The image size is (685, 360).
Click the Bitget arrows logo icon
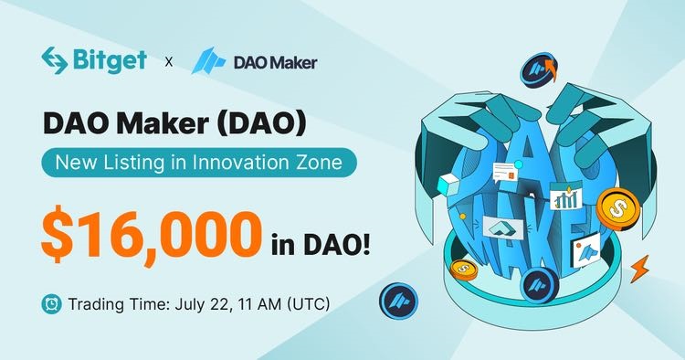click(x=54, y=60)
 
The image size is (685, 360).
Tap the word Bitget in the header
click(x=110, y=60)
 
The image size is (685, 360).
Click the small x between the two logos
click(x=169, y=62)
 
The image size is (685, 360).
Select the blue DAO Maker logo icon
click(x=208, y=60)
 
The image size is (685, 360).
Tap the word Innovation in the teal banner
click(x=238, y=163)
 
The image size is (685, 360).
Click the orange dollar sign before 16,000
click(x=57, y=236)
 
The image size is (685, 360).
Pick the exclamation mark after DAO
click(x=365, y=245)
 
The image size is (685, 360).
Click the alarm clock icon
click(x=51, y=303)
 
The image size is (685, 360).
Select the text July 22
click(x=202, y=304)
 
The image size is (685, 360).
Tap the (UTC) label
click(x=308, y=304)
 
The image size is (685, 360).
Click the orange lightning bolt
click(x=639, y=269)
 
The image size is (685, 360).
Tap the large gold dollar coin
click(x=617, y=209)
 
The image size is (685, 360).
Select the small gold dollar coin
click(x=463, y=270)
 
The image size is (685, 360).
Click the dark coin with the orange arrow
click(x=539, y=70)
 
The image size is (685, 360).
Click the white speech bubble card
click(x=505, y=172)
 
